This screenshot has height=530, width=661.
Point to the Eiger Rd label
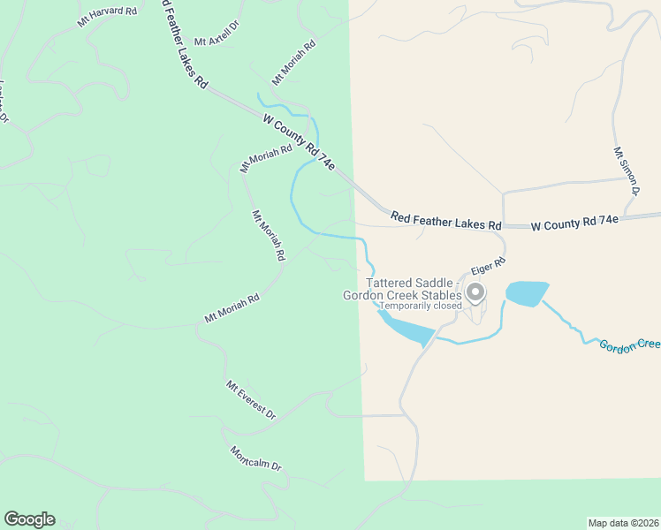(x=488, y=265)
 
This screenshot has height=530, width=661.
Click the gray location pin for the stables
(x=475, y=291)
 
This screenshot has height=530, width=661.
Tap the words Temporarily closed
(x=421, y=306)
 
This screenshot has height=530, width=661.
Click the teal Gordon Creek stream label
(x=629, y=345)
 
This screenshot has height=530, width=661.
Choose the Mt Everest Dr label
(x=251, y=400)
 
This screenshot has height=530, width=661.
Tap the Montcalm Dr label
(x=255, y=459)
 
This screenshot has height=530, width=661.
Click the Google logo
(x=29, y=519)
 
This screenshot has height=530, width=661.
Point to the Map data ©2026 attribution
(x=622, y=523)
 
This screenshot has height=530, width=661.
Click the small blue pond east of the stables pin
(x=526, y=293)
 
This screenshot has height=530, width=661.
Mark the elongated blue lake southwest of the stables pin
(x=406, y=327)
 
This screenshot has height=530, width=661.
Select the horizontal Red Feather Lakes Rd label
(x=445, y=220)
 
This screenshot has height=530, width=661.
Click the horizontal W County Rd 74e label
(x=574, y=224)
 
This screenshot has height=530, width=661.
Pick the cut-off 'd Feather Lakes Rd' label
(x=185, y=44)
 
